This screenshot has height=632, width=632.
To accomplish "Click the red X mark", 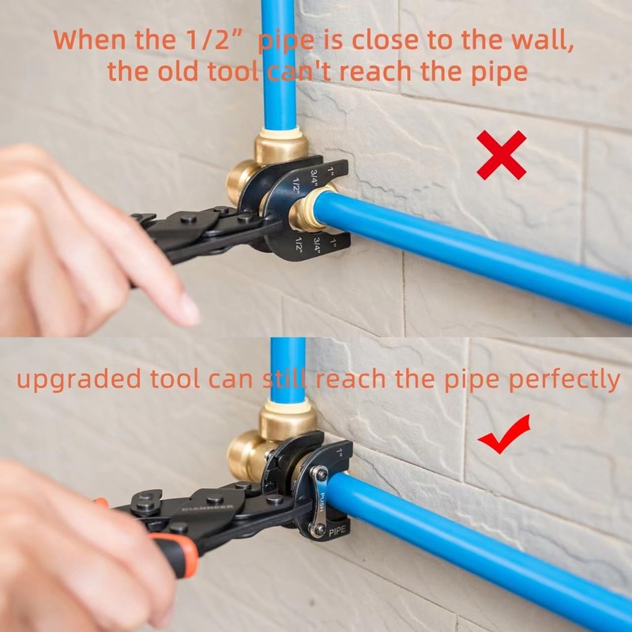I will [x=502, y=155].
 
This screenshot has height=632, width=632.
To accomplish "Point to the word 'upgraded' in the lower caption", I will [x=79, y=379].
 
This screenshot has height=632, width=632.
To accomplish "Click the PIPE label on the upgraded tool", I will [x=338, y=532].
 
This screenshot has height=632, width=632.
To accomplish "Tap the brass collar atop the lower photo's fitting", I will [x=288, y=419].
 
